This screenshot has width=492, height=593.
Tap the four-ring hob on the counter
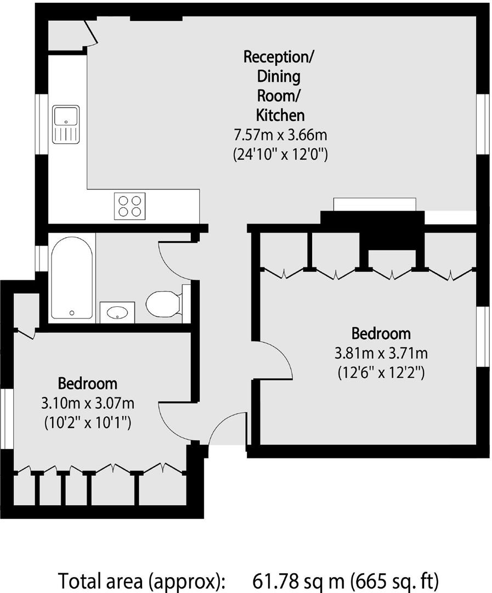[129, 206]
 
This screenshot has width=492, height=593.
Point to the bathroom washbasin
[117, 312]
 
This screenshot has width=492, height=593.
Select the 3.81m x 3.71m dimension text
[381, 353]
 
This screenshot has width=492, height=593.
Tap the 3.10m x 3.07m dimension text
[88, 404]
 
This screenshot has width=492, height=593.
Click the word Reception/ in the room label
[280, 57]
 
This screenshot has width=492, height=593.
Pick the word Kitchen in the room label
[280, 115]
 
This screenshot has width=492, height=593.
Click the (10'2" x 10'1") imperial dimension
[88, 423]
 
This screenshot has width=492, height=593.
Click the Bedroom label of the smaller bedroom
[88, 383]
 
